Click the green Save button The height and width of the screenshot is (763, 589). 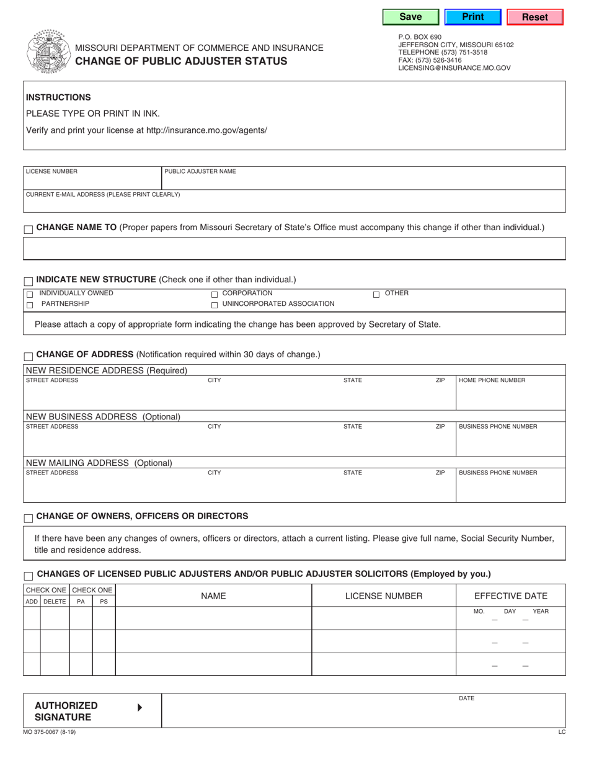pos(410,17)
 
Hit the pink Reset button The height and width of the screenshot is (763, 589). pos(534,17)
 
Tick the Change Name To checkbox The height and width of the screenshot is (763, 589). pos(29,230)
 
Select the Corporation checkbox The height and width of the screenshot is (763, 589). pos(215,294)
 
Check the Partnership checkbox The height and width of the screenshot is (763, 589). pos(29,305)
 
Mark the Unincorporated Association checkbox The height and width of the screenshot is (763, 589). pos(215,305)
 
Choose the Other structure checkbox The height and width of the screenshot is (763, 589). pos(376,294)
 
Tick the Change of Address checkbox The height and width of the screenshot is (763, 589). pos(29,356)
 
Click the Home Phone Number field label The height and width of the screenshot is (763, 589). pos(492,380)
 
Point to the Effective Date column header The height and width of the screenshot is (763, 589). pos(510,596)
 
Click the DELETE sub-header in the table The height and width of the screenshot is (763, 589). pos(55,601)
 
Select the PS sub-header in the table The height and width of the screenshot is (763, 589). pos(104,601)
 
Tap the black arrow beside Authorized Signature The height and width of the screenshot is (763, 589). pos(139,707)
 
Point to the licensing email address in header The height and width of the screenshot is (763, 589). pos(454,68)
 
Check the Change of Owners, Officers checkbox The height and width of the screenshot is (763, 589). pos(29,518)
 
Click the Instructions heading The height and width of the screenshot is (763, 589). pos(58,97)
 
